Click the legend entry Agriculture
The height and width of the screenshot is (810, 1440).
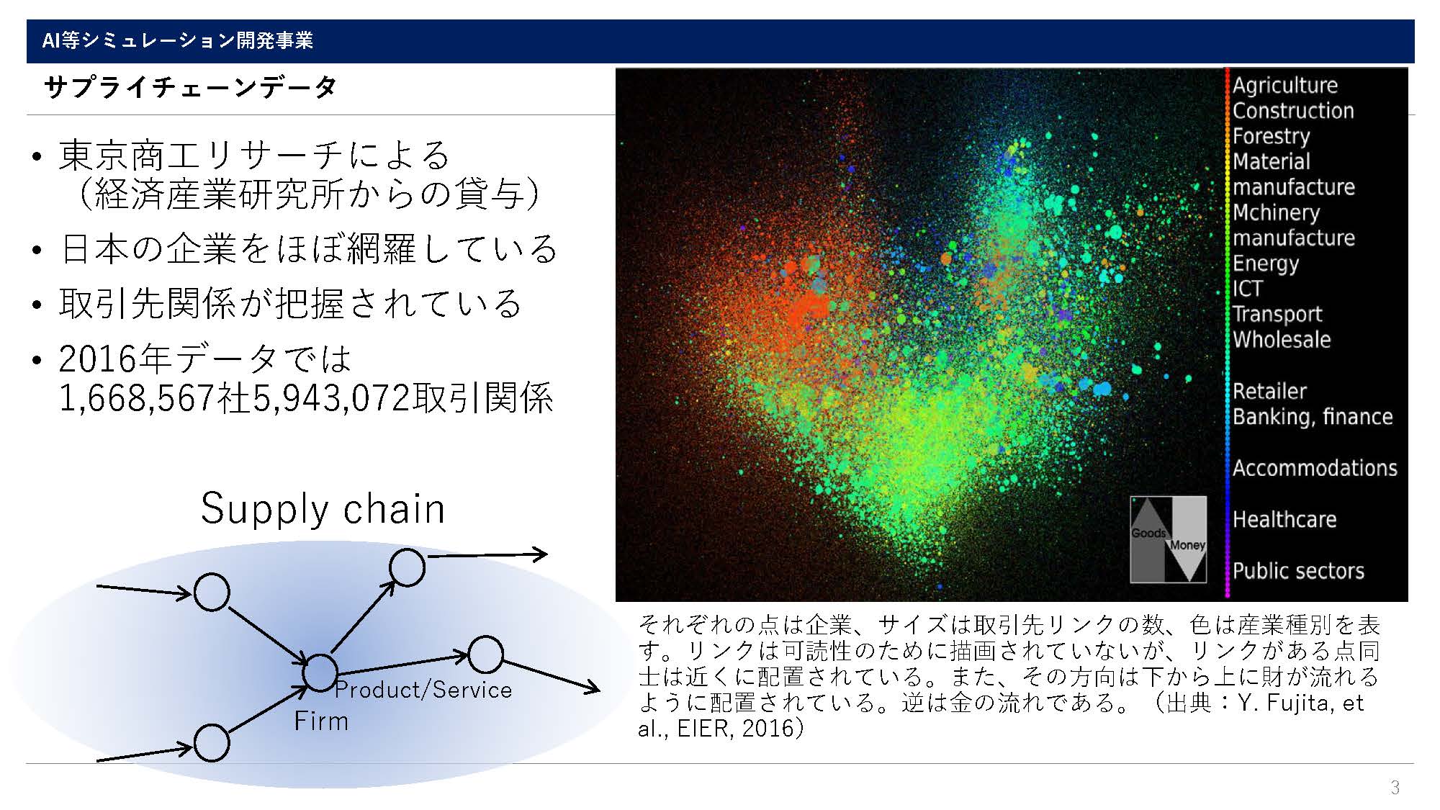coord(1285,85)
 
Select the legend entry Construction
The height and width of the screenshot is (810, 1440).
coord(1293,110)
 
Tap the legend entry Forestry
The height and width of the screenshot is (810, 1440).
coord(1272,136)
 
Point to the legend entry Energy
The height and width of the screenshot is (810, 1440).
coord(1266,264)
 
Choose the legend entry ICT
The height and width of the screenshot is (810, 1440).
coord(1248,289)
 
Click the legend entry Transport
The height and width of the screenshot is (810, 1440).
coord(1277,314)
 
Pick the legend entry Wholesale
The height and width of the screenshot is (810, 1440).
coord(1282,339)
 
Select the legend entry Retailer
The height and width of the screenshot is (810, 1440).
coord(1269,391)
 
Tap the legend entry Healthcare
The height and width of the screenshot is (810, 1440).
coord(1284,519)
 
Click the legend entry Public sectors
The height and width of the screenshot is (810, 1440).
coord(1298,570)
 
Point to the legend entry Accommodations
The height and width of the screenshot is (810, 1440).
coord(1315,468)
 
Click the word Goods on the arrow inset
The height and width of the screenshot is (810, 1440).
coord(1148,534)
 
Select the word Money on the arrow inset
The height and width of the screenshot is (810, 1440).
coord(1187,545)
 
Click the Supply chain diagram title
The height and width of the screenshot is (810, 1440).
coord(323,509)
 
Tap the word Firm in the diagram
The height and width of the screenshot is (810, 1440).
coord(321,721)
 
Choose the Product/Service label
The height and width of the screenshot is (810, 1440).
coord(423,690)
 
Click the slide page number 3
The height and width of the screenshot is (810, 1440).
coord(1395,787)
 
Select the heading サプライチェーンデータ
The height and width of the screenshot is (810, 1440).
coord(191,88)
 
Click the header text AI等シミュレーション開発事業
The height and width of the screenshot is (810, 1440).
coord(178,40)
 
